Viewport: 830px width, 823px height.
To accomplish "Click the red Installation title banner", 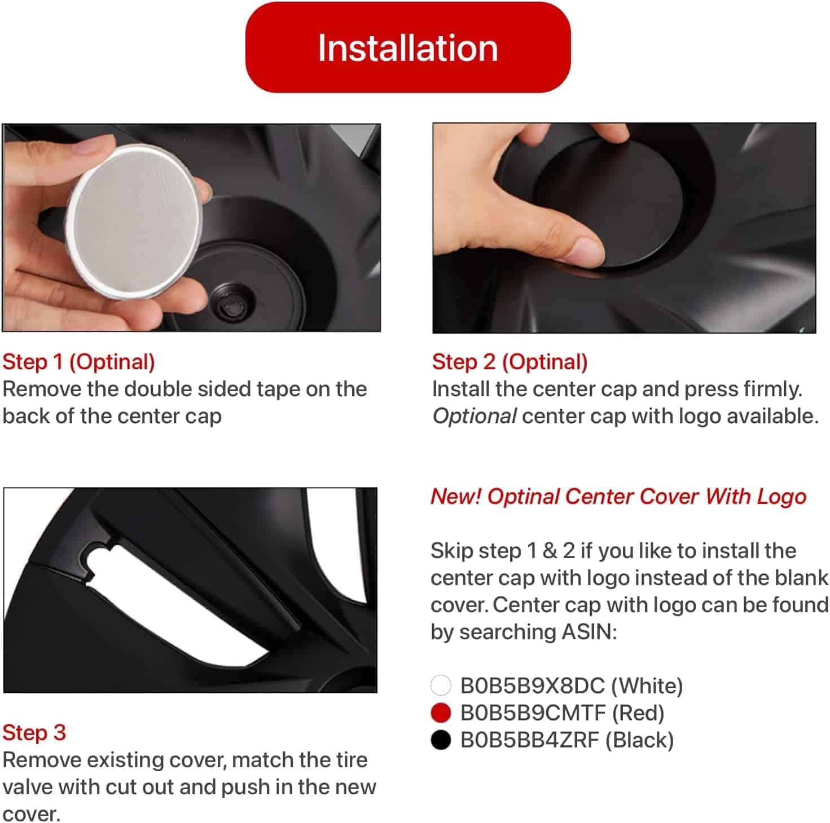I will pyautogui.click(x=407, y=47).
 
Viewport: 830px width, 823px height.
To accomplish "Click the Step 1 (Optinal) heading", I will pyautogui.click(x=78, y=362).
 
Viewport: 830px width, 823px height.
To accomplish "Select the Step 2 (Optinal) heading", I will pyautogui.click(x=510, y=362).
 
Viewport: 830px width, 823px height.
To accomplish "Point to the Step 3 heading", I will pyautogui.click(x=34, y=732).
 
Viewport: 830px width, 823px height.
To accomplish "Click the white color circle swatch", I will pyautogui.click(x=441, y=685).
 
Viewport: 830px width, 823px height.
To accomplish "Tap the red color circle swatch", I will pyautogui.click(x=441, y=713).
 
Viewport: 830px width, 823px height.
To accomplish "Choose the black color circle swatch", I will pyautogui.click(x=441, y=740).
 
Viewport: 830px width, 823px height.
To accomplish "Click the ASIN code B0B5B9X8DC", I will pyautogui.click(x=532, y=685).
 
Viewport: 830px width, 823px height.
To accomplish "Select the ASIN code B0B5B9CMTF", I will pyautogui.click(x=532, y=713).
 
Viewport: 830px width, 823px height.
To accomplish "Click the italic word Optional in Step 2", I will pyautogui.click(x=474, y=416).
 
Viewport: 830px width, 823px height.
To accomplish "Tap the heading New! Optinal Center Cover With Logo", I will pyautogui.click(x=618, y=497).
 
